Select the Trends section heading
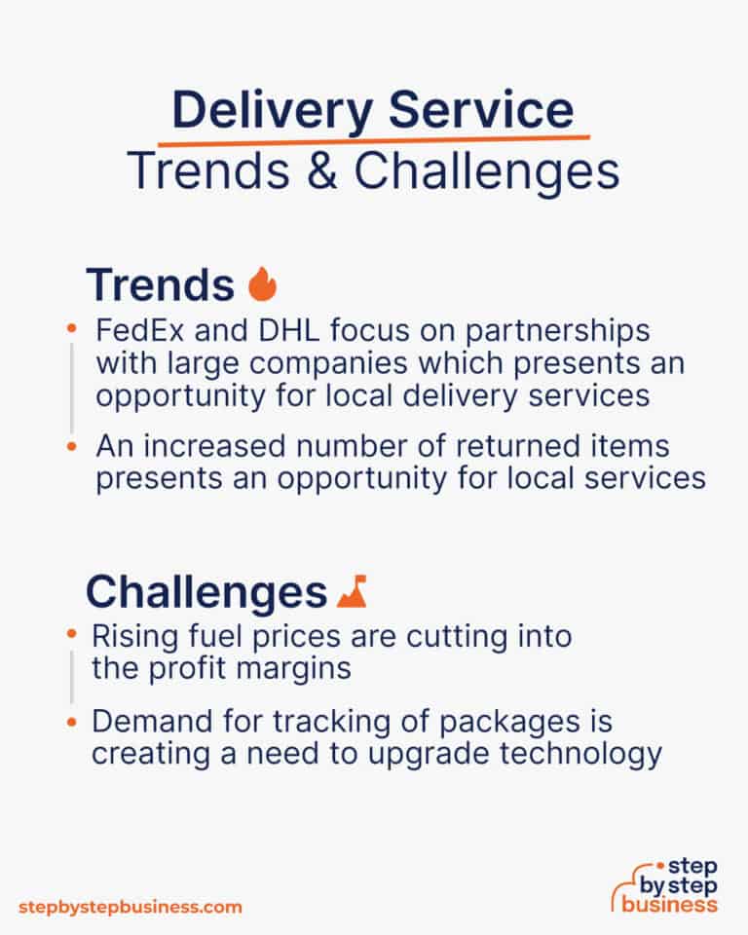click(x=160, y=284)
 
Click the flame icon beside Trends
click(x=262, y=284)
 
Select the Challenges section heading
click(x=206, y=591)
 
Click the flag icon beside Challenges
click(x=351, y=590)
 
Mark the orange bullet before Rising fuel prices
click(x=72, y=635)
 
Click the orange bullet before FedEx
click(x=72, y=330)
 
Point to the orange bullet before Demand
click(x=72, y=723)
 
